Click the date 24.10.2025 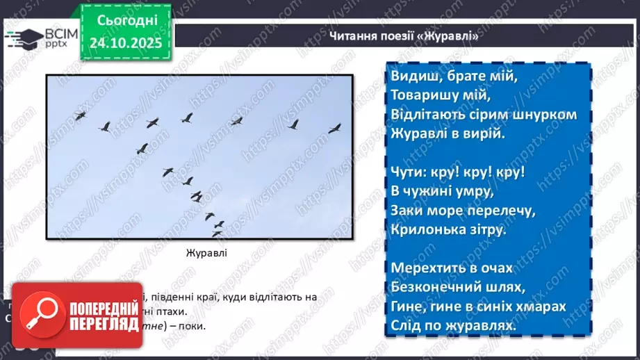point(125,42)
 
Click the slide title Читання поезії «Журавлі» point(404,37)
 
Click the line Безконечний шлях point(458,286)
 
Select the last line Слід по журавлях point(454,325)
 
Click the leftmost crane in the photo point(81,115)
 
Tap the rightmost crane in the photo point(335,128)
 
